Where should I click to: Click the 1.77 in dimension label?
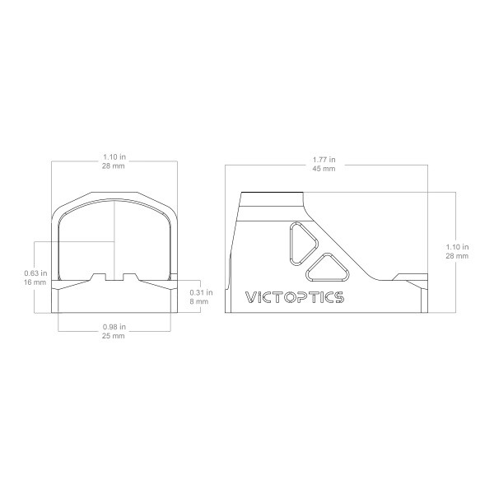324,160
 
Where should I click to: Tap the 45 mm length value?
324,169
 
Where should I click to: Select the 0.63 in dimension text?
35,273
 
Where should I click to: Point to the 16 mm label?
35,282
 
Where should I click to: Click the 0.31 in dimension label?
201,292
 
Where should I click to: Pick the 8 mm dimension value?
198,301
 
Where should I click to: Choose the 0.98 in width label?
114,327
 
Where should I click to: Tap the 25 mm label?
114,336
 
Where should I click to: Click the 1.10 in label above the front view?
114,157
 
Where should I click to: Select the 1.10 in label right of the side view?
457,247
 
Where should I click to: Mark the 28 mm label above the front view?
114,166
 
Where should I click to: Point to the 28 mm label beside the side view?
457,256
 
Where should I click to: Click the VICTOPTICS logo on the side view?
295,297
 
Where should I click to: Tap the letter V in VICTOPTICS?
250,297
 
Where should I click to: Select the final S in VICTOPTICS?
339,297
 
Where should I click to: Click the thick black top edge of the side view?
273,192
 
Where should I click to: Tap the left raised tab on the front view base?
98,277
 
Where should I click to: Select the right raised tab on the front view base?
130,277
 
